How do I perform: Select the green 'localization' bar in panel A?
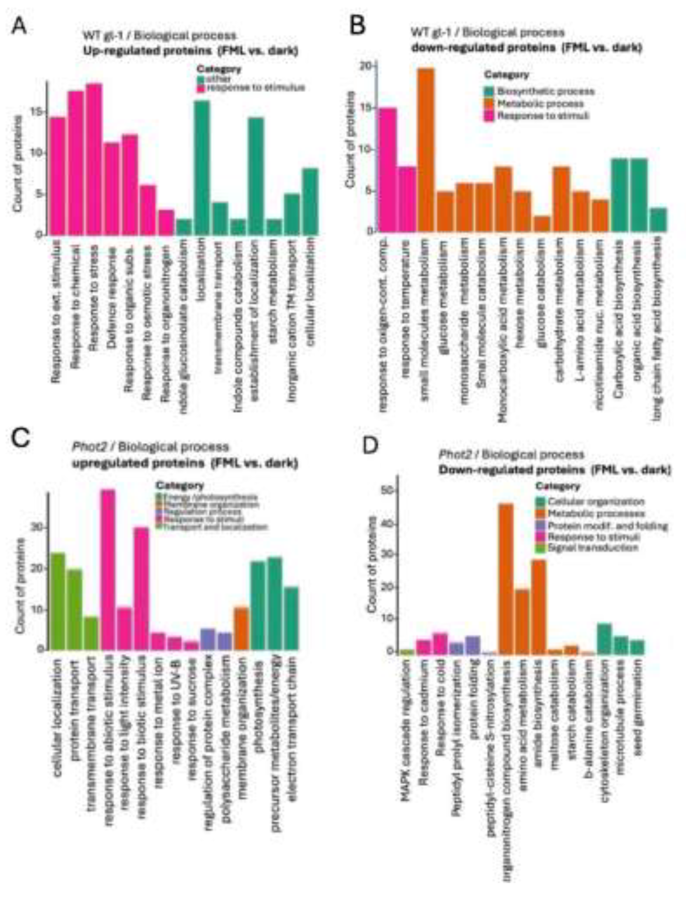coord(202,168)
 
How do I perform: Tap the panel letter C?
coord(20,439)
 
